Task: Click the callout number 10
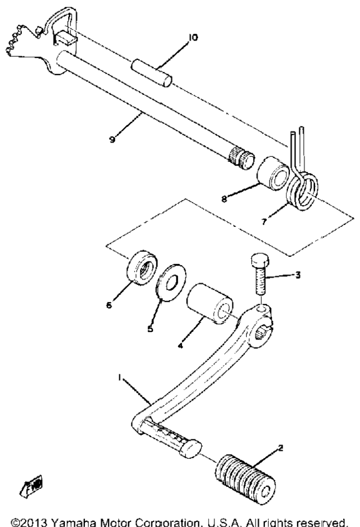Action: [193, 38]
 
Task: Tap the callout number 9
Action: [112, 139]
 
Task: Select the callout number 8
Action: [224, 199]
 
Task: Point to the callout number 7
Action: [264, 221]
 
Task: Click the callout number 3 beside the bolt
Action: [297, 275]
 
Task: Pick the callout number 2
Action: [281, 448]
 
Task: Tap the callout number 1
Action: [119, 378]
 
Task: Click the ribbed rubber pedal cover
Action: [245, 479]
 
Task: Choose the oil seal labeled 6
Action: [142, 268]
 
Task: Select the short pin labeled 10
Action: [152, 73]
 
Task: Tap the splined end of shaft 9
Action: [241, 159]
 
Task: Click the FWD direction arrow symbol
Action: [31, 486]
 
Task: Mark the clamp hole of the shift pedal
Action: [262, 333]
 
